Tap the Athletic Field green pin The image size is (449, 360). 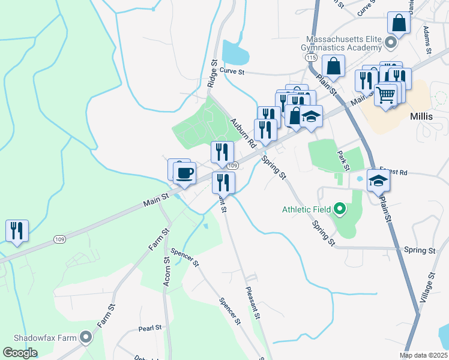pos(340,209)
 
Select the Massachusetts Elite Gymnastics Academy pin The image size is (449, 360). pos(391,43)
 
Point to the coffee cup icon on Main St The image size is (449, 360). pos(184,173)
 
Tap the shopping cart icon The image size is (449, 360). pos(386,94)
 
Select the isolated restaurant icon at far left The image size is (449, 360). pos(17,230)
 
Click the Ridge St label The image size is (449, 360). pos(212,73)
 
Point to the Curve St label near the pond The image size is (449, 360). pos(232,71)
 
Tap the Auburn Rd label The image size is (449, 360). pos(243,133)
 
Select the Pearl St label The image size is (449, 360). pos(150,328)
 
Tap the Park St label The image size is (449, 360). pos(343,160)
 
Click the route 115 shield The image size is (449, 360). pos(310,56)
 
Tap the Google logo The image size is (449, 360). pos(20,353)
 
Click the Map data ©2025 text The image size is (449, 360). pos(423,355)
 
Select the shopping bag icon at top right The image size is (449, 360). pos(397,23)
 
